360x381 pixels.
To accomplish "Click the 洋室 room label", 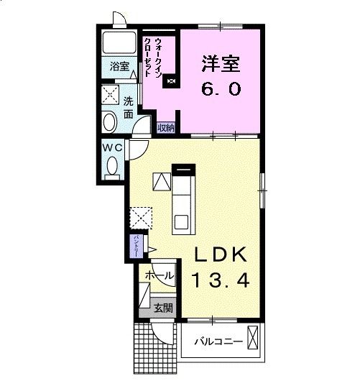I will pyautogui.click(x=221, y=63).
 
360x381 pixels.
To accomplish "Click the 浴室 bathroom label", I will pyautogui.click(x=119, y=67).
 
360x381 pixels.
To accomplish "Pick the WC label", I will pyautogui.click(x=111, y=147).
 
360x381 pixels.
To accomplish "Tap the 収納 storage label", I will pyautogui.click(x=166, y=127).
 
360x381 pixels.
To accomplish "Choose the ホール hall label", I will pyautogui.click(x=159, y=275).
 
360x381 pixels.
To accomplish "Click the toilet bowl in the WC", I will pyautogui.click(x=112, y=166).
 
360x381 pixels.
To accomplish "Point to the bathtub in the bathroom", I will pyautogui.click(x=119, y=42).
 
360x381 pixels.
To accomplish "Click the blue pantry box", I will pyautogui.click(x=135, y=247).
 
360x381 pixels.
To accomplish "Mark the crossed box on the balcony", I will pyautogui.click(x=253, y=336).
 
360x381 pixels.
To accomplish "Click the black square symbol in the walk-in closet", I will pyautogui.click(x=171, y=81).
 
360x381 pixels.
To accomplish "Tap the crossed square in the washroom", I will pyautogui.click(x=110, y=94).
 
